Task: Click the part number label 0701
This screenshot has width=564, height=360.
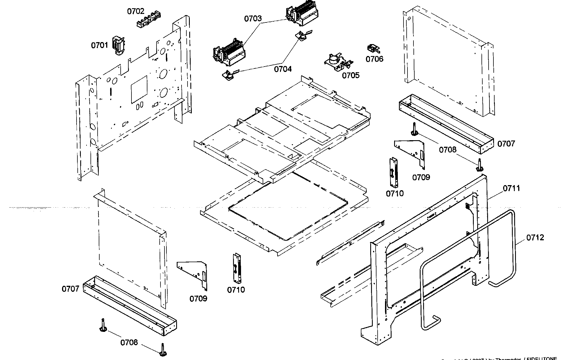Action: (x=99, y=45)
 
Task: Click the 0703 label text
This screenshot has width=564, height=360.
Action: (x=253, y=19)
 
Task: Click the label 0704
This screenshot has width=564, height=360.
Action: (x=283, y=69)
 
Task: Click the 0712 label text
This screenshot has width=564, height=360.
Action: (x=535, y=237)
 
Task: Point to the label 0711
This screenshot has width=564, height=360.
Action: (x=511, y=188)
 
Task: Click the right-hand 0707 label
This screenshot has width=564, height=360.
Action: (x=506, y=144)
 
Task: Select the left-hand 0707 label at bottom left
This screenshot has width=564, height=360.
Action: (x=70, y=289)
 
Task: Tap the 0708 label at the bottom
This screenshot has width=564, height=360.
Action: (x=129, y=342)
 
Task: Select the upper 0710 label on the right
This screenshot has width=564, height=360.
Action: (x=395, y=194)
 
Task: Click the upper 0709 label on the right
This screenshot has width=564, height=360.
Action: (x=421, y=177)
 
